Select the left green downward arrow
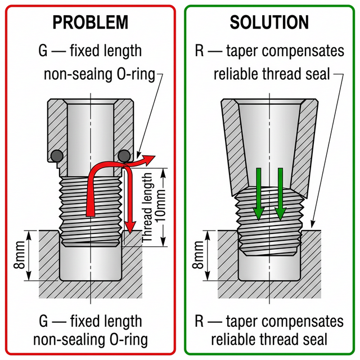click(x=258, y=194)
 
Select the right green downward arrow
click(x=280, y=194)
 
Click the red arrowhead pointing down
click(x=130, y=228)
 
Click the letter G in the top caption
click(x=43, y=51)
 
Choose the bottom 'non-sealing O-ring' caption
click(x=91, y=340)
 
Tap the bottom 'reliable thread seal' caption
click(x=269, y=340)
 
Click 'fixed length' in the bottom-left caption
click(x=106, y=321)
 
